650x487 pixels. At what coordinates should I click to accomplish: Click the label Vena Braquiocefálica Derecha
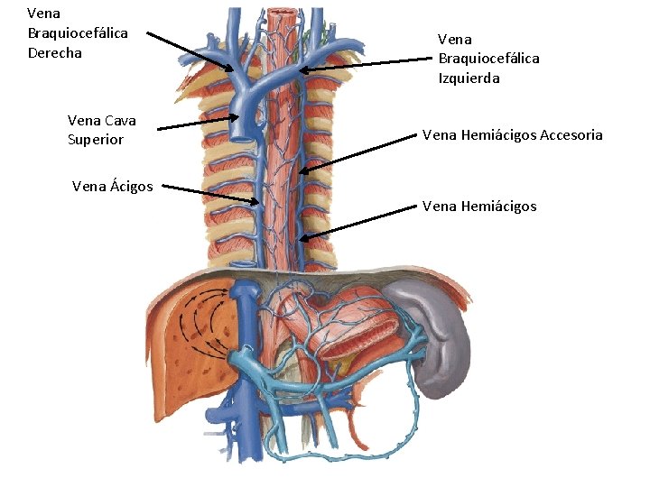(x=78, y=33)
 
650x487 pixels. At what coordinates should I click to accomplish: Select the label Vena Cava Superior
(x=101, y=130)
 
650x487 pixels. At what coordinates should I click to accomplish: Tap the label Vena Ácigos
(x=113, y=187)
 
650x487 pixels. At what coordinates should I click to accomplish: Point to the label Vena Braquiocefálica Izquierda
(x=488, y=59)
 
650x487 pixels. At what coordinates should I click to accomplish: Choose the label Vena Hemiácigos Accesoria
(x=512, y=135)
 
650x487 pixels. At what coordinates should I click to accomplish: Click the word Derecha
(x=55, y=53)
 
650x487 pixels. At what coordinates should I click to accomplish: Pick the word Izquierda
(x=469, y=78)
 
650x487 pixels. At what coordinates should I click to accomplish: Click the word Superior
(x=96, y=140)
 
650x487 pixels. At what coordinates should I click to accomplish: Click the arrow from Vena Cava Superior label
(x=199, y=124)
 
